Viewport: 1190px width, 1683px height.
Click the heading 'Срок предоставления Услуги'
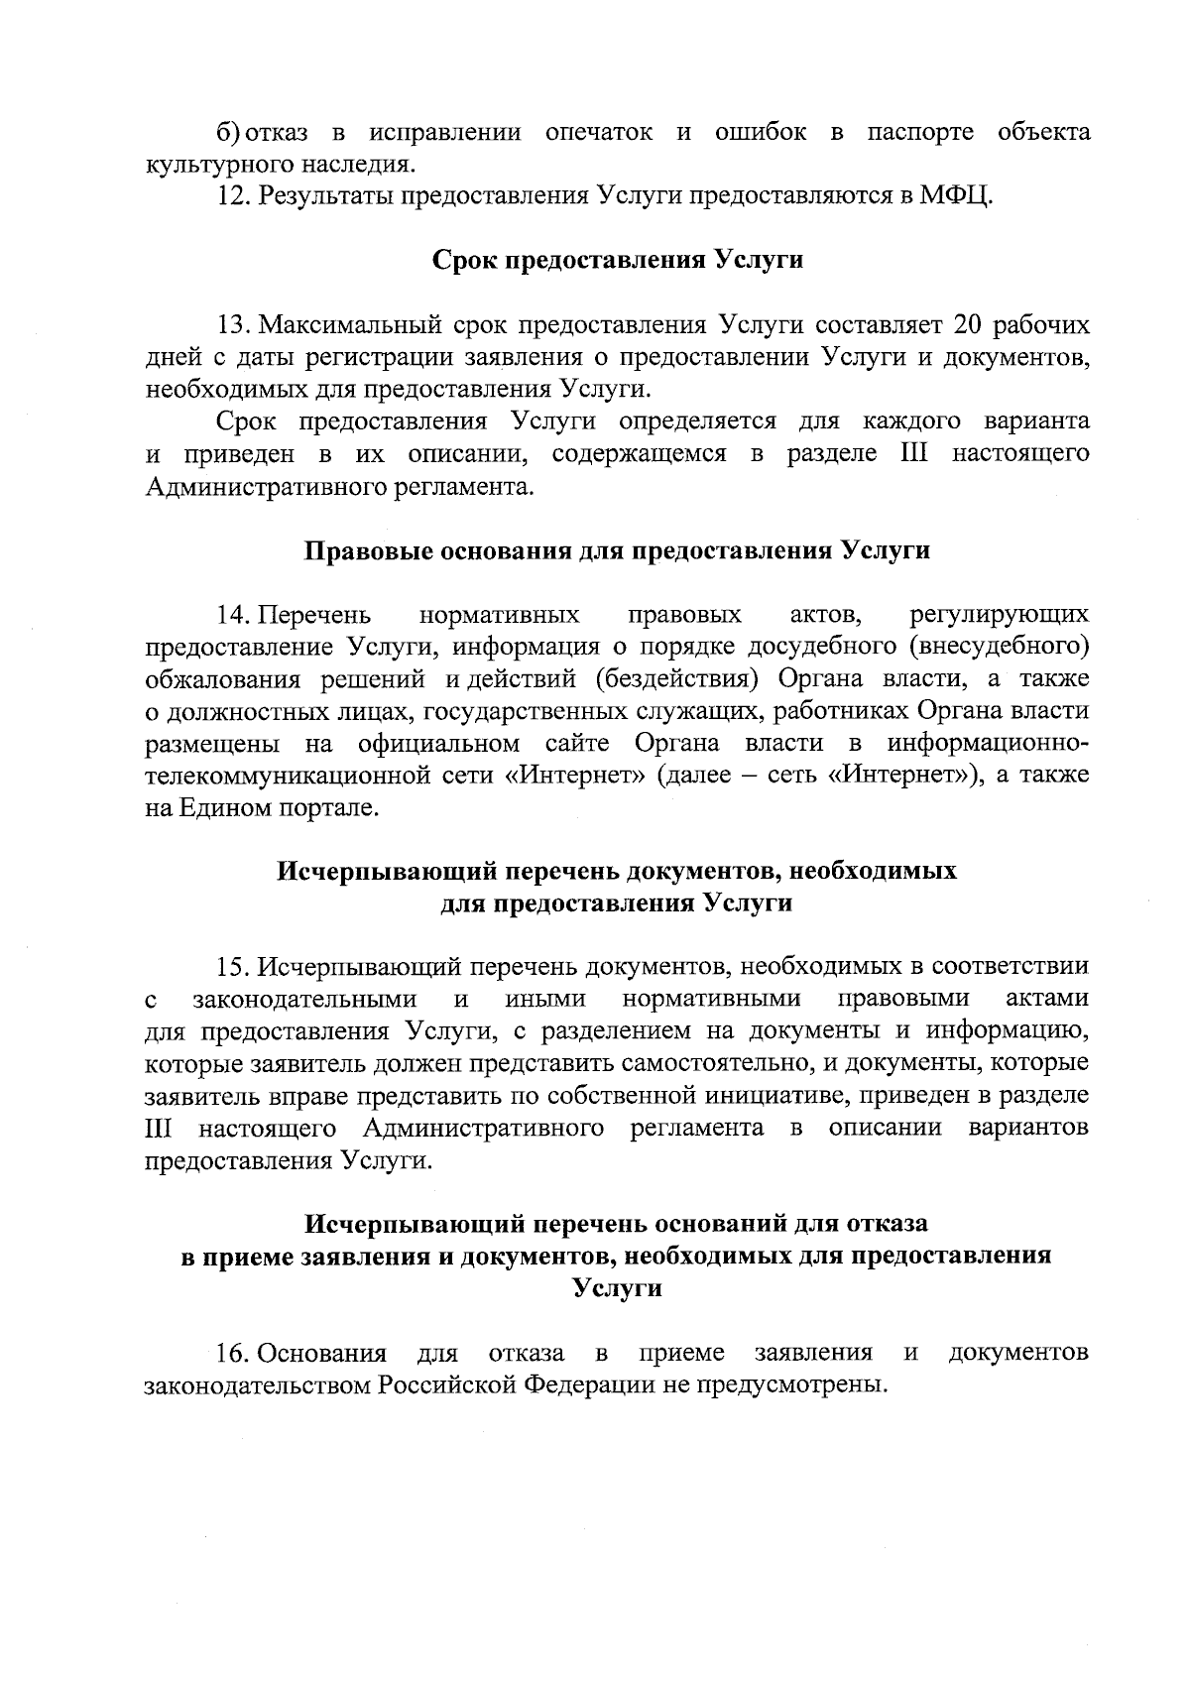point(617,260)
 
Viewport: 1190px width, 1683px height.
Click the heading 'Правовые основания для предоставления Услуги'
point(617,550)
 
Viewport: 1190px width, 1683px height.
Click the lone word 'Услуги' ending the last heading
point(617,1289)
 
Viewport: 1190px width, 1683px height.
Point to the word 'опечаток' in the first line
point(599,132)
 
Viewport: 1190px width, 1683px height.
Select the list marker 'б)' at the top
point(228,132)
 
